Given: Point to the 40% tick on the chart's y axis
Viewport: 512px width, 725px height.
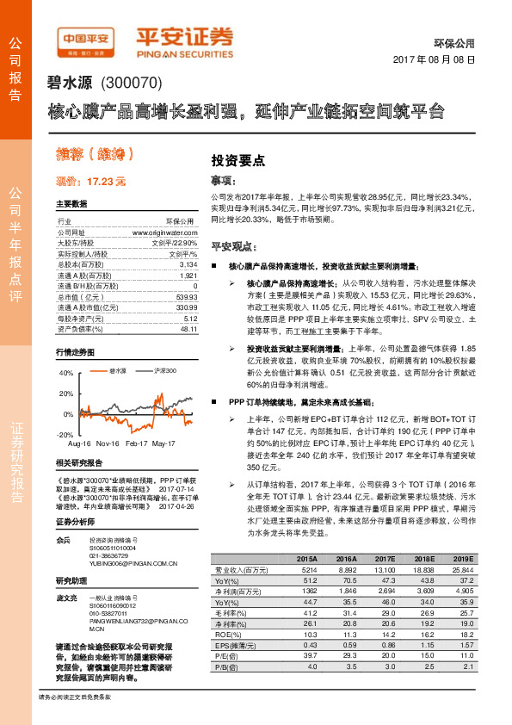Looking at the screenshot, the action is tap(65, 373).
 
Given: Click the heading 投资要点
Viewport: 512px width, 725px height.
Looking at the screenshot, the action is tap(237, 160).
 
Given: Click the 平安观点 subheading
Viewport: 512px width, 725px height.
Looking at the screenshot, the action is tap(235, 245).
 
